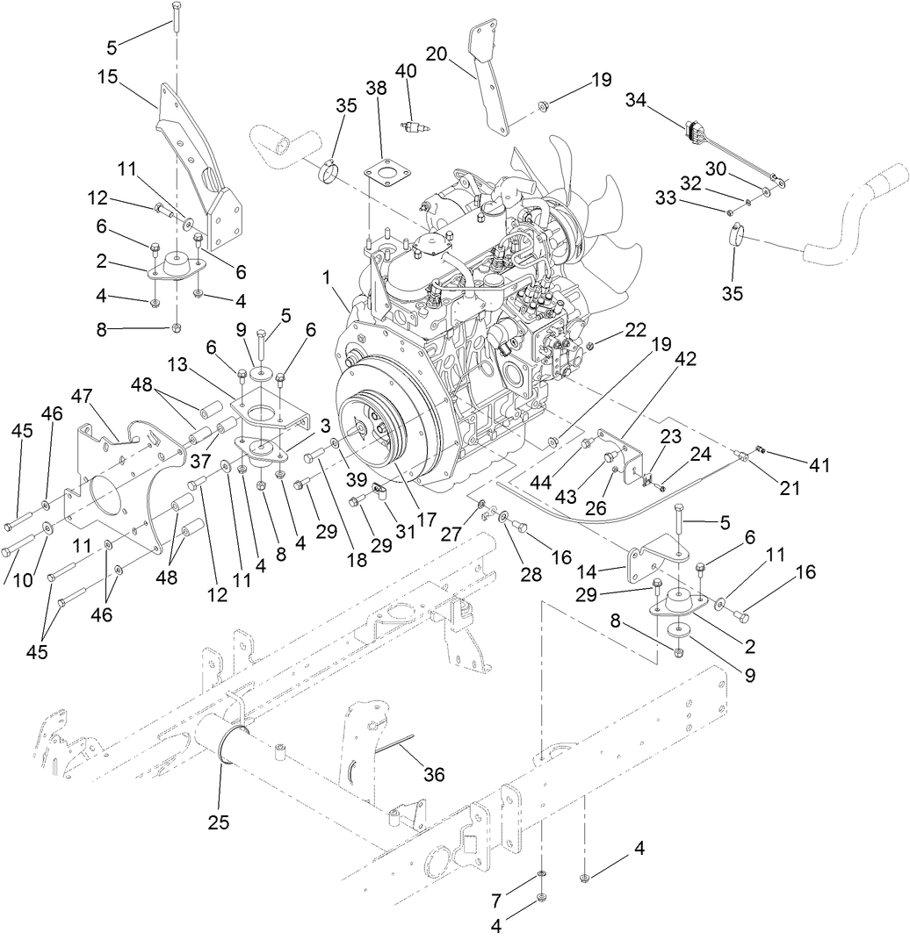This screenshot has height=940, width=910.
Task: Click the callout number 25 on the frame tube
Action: (219, 822)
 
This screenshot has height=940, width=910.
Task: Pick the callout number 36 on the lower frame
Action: (433, 775)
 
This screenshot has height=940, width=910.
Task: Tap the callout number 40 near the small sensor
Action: (405, 70)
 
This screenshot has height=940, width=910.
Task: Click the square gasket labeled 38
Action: (382, 174)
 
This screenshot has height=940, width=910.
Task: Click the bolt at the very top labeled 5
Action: (175, 18)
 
